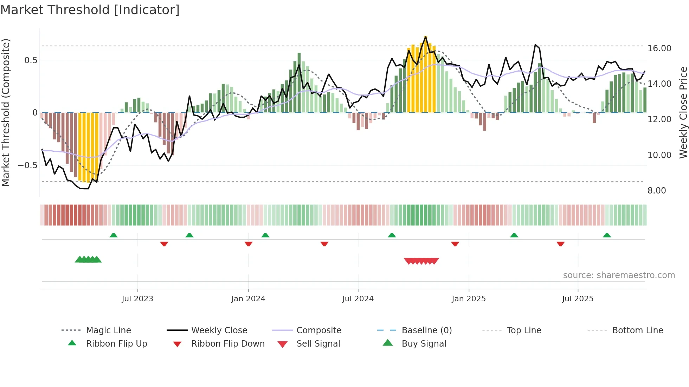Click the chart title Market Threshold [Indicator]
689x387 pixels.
90,10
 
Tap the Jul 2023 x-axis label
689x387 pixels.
137,299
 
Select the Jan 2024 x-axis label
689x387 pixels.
248,299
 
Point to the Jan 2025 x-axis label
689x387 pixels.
469,299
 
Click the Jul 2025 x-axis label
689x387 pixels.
578,299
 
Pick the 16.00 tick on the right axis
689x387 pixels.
659,48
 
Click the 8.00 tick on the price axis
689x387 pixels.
657,191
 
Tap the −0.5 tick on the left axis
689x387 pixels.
28,165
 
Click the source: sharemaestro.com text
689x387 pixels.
619,275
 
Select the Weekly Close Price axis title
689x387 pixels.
683,112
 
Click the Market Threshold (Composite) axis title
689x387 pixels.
6,112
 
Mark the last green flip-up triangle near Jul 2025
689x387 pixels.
607,235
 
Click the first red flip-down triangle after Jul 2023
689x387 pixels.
164,244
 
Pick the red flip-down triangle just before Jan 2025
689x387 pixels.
455,244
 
